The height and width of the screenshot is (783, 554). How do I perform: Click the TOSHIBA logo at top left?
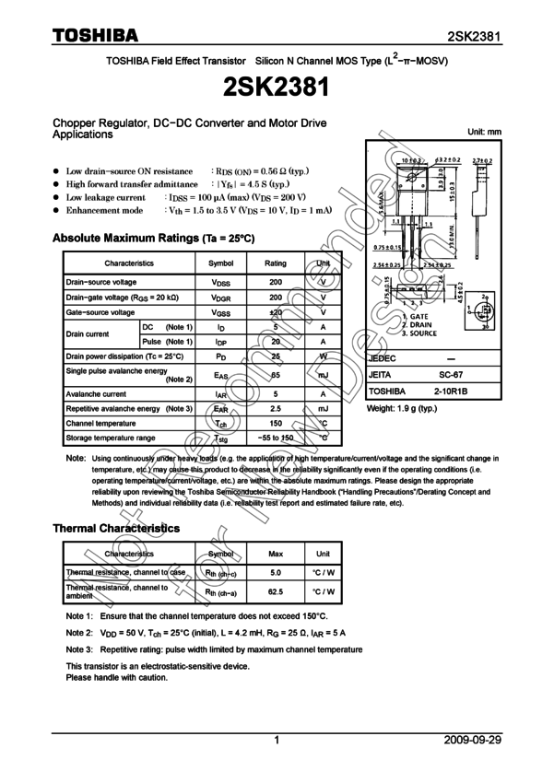(x=95, y=36)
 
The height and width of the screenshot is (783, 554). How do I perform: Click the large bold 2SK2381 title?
(x=276, y=88)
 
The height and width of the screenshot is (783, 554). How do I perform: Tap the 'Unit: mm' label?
(x=485, y=133)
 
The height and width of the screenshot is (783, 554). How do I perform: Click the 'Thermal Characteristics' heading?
(x=116, y=529)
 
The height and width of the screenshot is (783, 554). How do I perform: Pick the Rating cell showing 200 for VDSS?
(x=276, y=282)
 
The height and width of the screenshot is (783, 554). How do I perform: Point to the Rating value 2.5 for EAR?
(x=276, y=408)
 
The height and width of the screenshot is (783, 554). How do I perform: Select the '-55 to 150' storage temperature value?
(x=276, y=438)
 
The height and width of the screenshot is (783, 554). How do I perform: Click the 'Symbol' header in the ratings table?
(x=221, y=263)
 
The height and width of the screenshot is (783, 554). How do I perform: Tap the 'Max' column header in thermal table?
(x=276, y=555)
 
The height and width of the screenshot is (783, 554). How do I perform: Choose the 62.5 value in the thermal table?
(x=276, y=593)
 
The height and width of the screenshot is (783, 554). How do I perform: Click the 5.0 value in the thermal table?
(x=276, y=573)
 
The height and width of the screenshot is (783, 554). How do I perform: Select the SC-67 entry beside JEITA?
(x=450, y=375)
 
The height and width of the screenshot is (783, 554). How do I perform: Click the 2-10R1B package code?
(x=451, y=391)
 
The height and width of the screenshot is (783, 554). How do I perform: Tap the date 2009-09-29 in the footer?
(x=472, y=740)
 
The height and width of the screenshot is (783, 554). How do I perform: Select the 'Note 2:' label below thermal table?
(x=79, y=633)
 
